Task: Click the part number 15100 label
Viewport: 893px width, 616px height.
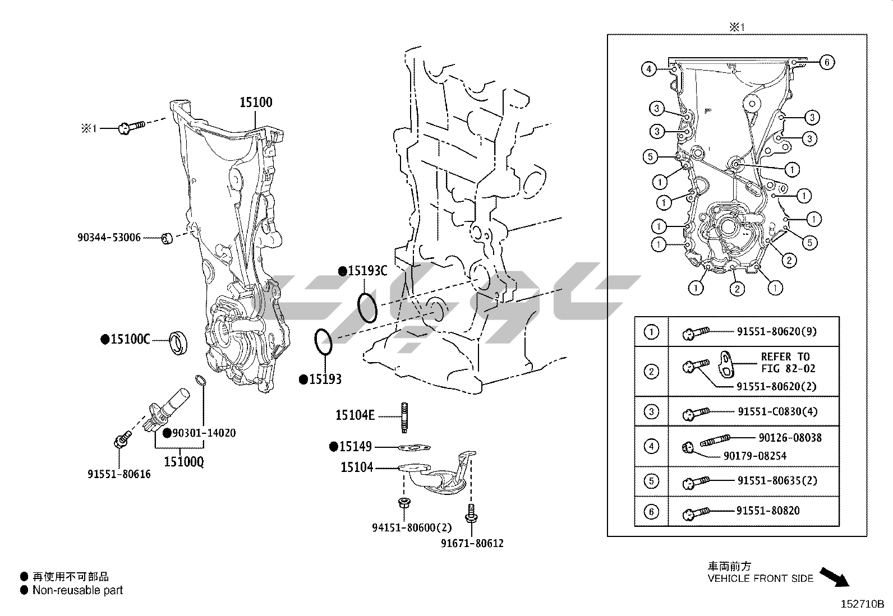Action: point(256,102)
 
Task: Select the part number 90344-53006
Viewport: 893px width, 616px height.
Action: point(109,238)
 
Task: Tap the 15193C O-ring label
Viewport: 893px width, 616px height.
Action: point(367,271)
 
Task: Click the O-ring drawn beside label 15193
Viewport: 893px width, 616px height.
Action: point(324,341)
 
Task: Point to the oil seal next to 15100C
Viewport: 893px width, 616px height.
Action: point(179,343)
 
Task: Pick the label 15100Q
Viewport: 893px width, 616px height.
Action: point(184,461)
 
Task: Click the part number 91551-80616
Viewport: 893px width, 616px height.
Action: point(119,474)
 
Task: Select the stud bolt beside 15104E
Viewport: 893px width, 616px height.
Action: point(403,418)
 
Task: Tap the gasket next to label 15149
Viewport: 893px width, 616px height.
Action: point(415,447)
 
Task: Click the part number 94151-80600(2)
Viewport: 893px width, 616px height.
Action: point(412,527)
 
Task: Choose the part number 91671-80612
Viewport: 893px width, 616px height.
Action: point(472,543)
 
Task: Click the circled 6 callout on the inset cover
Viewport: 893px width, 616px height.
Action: point(827,62)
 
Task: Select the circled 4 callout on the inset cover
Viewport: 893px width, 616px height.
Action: point(648,70)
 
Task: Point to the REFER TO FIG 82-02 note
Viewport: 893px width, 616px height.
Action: point(785,363)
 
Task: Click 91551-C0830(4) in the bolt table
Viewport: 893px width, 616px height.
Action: point(777,411)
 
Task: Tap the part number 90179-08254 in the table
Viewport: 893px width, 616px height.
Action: point(755,456)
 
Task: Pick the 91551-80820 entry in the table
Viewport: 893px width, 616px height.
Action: point(768,511)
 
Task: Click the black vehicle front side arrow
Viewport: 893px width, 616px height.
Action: point(834,577)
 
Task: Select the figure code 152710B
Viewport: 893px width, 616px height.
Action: point(862,604)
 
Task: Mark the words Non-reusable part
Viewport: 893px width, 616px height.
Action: point(77,590)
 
